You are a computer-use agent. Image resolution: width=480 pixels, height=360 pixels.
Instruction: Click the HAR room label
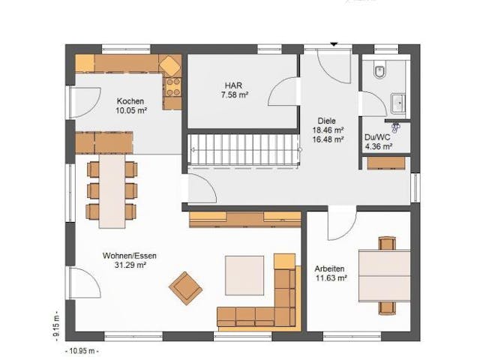click(x=234, y=85)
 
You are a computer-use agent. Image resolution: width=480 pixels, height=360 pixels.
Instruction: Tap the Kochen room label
click(x=130, y=101)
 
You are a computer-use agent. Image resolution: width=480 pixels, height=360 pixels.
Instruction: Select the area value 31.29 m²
click(x=130, y=265)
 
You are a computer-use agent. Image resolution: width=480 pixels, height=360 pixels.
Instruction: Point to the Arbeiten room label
click(x=330, y=268)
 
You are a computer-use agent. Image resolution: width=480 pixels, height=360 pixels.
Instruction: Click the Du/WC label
click(x=377, y=137)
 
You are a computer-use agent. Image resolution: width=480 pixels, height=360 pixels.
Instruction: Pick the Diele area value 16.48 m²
click(x=328, y=139)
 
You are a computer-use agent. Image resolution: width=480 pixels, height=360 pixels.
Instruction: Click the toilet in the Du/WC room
click(x=380, y=71)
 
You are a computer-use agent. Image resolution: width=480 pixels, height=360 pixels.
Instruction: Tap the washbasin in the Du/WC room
click(x=398, y=103)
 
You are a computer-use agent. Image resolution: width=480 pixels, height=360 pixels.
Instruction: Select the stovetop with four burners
click(x=173, y=87)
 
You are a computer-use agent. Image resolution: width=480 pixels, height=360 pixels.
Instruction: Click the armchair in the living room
click(x=185, y=288)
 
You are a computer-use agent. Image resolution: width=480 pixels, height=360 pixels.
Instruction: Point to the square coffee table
click(x=244, y=275)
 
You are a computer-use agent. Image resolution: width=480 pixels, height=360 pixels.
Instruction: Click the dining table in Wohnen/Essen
click(x=112, y=191)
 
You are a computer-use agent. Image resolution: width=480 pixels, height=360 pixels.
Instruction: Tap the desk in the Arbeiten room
click(x=385, y=276)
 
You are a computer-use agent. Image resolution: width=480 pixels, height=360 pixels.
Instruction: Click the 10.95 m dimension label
click(x=82, y=351)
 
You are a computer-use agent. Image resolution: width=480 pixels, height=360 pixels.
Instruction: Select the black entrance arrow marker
click(x=334, y=44)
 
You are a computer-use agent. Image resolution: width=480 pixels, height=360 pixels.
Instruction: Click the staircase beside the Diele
click(x=244, y=150)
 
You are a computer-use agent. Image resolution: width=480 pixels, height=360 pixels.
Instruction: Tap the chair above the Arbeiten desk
click(x=387, y=243)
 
